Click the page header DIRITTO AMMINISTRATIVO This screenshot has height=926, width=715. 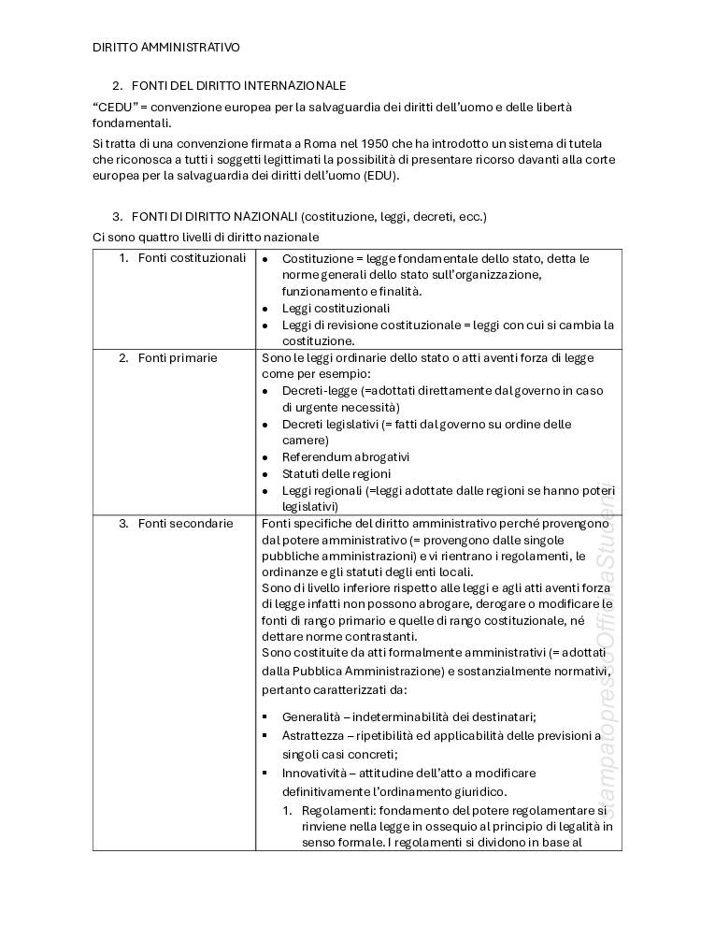point(166,46)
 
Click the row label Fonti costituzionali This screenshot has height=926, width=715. point(192,257)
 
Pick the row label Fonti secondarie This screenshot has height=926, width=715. point(185,524)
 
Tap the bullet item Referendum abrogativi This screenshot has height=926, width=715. point(346,457)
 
